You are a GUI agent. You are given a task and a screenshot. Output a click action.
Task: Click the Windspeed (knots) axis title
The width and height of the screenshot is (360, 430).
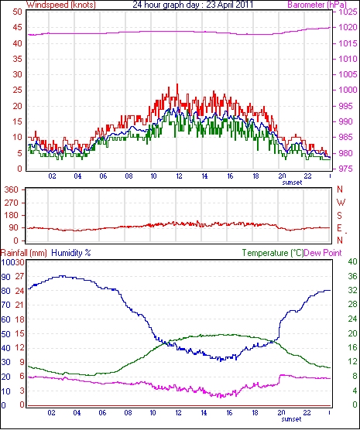[61, 5]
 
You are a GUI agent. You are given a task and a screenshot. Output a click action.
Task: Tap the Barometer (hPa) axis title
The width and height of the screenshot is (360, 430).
[317, 5]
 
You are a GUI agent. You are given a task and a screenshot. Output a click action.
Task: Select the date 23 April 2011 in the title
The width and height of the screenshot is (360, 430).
[229, 5]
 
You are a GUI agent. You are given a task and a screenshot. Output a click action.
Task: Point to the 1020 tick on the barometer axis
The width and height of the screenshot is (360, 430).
[348, 27]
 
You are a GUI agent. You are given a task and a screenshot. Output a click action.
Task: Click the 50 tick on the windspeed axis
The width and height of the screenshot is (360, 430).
[17, 12]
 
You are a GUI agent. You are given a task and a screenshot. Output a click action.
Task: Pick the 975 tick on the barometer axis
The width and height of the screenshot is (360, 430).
[346, 169]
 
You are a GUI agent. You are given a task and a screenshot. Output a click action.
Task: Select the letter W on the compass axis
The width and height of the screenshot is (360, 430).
[341, 203]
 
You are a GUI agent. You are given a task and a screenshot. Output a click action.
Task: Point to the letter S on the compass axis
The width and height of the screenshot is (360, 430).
[340, 216]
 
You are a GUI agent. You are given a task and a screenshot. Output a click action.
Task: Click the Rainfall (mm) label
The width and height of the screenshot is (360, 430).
[24, 253]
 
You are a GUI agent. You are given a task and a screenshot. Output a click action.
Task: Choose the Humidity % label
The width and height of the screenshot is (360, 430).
[71, 253]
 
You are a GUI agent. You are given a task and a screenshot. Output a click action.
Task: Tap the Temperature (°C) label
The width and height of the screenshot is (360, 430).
[273, 253]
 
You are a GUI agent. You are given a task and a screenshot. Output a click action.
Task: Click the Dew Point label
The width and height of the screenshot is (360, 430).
[323, 253]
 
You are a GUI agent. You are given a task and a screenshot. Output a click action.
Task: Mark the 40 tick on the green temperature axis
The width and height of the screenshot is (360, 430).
[352, 261]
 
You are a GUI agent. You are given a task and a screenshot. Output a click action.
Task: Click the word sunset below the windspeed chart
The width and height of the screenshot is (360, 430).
[292, 183]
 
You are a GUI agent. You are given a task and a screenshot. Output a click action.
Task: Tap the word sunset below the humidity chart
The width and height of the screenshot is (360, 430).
[291, 419]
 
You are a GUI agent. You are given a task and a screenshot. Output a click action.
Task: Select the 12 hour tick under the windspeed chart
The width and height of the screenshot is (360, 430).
[179, 176]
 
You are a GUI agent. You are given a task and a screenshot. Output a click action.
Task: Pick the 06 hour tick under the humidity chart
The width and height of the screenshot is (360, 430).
[102, 413]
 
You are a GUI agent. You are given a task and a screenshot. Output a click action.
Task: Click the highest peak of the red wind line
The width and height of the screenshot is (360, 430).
[177, 84]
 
